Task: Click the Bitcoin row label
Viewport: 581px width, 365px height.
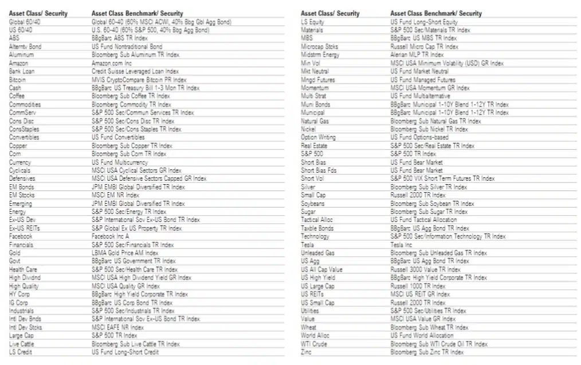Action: click(x=18, y=80)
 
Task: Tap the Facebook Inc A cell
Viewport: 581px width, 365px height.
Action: click(x=111, y=236)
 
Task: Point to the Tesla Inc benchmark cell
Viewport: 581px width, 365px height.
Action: click(x=401, y=245)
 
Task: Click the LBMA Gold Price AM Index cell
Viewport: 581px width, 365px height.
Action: click(x=125, y=253)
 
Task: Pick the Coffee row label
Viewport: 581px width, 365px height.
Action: click(x=17, y=96)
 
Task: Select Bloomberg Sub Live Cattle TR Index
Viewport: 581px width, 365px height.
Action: click(x=136, y=344)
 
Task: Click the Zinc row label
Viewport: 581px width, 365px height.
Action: click(x=306, y=352)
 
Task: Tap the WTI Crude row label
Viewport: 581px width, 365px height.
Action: click(x=314, y=344)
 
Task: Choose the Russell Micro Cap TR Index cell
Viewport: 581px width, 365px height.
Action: click(x=425, y=46)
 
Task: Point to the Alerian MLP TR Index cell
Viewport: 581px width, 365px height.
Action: click(x=417, y=54)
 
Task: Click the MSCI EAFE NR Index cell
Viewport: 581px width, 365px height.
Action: click(x=118, y=327)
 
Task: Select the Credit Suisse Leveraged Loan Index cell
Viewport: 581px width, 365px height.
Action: click(x=135, y=72)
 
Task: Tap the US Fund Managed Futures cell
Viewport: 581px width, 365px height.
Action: click(x=423, y=80)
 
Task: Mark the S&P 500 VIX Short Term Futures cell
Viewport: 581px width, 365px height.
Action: click(x=442, y=178)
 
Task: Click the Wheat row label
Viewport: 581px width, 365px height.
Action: click(x=308, y=327)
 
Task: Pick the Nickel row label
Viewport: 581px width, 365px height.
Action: click(x=308, y=129)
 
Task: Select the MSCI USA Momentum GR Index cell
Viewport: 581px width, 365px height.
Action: click(x=430, y=88)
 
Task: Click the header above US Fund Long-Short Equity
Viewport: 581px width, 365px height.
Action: click(x=436, y=13)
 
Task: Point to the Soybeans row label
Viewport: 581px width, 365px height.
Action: click(x=312, y=204)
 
